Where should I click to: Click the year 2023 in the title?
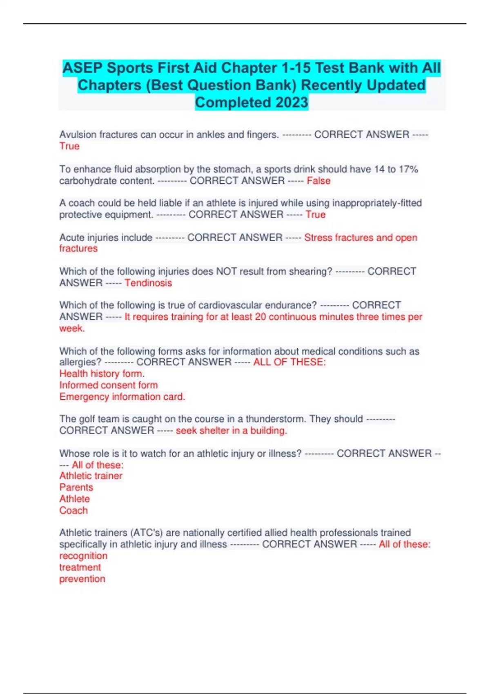(292, 102)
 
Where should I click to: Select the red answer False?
(318, 180)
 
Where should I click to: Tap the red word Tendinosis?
(148, 282)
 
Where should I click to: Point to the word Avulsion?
(78, 134)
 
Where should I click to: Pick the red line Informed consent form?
(108, 385)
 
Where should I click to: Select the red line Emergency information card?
(122, 396)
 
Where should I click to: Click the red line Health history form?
(102, 374)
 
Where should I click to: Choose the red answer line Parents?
(76, 487)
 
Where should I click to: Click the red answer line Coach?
(73, 510)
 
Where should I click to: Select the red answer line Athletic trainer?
(91, 476)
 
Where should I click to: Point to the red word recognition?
(83, 556)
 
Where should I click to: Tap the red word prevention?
(82, 579)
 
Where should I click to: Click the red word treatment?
(80, 567)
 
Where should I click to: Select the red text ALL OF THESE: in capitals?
(290, 362)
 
